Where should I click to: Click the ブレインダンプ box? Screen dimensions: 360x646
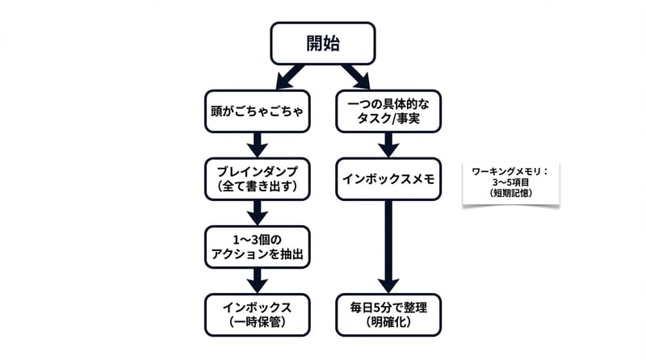257,178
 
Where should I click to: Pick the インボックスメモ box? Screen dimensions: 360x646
388,178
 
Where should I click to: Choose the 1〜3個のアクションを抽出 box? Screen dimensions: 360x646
257,246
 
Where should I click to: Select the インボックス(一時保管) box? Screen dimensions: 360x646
257,314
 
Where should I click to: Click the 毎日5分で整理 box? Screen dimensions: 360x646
388,314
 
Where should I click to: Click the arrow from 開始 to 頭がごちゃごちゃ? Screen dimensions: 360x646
289,77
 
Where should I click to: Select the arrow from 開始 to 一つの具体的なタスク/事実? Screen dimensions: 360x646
355,77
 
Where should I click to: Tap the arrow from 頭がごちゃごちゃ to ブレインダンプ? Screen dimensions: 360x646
257,145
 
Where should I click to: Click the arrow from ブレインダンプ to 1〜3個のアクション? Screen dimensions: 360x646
257,212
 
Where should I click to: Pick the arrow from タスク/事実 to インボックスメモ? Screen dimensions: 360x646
388,145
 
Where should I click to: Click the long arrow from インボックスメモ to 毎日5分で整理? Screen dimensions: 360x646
388,246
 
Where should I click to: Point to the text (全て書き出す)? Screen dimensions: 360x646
257,186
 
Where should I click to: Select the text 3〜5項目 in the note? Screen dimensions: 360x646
510,182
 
